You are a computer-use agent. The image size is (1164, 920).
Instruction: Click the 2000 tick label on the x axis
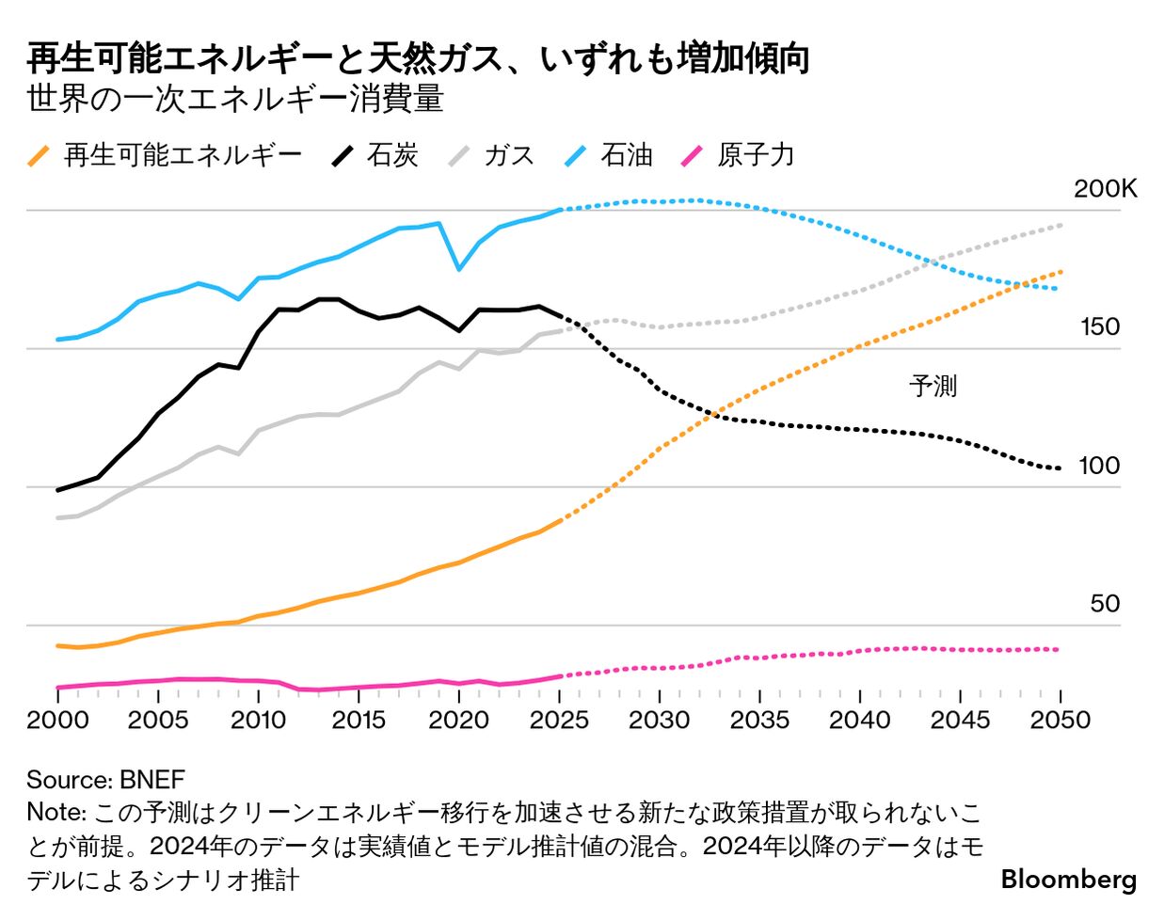pos(58,721)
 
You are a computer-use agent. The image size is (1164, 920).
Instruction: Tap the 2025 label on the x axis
pos(559,721)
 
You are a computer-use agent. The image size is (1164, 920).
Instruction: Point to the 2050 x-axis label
pos(1060,721)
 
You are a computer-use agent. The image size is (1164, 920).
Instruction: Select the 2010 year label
pos(258,721)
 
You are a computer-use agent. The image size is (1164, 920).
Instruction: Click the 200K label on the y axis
pos(1106,189)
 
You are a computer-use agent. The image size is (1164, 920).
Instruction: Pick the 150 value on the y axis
pos(1100,327)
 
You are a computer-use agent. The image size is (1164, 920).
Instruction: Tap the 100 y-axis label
pos(1099,466)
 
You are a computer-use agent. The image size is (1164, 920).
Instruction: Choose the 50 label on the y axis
pos(1105,604)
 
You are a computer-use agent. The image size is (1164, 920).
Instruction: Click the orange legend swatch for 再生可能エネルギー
pos(39,156)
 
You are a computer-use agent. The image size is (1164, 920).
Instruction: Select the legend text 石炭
pos(392,156)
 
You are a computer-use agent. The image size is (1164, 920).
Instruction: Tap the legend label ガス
pos(509,156)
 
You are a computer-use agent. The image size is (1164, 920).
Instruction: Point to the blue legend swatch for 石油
pos(576,156)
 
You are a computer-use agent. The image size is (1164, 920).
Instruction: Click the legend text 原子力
pos(756,156)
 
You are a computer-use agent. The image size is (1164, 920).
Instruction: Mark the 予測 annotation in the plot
pos(933,386)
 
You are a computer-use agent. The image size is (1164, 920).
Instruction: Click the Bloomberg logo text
pos(1069,880)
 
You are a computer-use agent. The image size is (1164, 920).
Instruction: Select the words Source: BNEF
pos(105,780)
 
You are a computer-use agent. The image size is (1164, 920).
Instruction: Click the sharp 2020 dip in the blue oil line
pos(458,269)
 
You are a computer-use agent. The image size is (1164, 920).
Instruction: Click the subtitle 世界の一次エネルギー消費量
pos(235,99)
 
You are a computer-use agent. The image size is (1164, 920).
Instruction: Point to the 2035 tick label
pos(759,721)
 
